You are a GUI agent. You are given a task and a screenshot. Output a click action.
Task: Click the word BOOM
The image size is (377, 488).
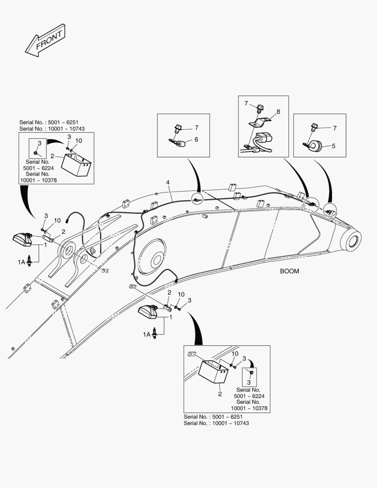[289, 272]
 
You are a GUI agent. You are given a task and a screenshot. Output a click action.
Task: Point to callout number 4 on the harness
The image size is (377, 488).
[168, 183]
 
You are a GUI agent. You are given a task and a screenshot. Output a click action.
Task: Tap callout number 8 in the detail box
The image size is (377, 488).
[278, 111]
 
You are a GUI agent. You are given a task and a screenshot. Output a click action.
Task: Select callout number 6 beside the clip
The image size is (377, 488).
[196, 140]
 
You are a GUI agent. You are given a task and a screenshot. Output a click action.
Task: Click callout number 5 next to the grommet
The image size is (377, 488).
[334, 146]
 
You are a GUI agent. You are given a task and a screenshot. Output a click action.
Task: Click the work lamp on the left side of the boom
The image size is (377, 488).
[23, 239]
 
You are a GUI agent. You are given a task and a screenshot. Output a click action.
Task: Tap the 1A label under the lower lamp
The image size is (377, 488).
[147, 334]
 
